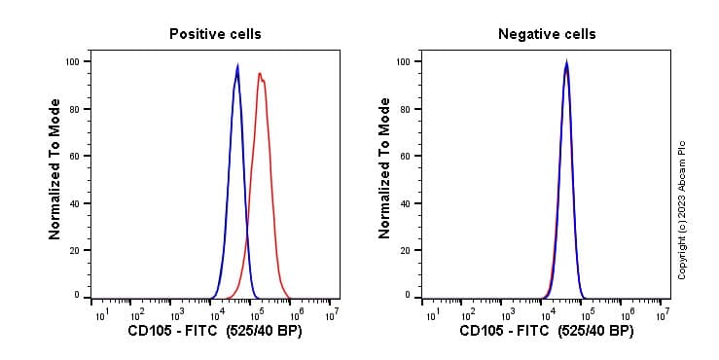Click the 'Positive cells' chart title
[215, 34]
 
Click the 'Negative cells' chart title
[547, 34]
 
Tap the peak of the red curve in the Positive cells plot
[260, 74]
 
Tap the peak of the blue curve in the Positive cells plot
[237, 67]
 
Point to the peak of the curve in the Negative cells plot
[566, 64]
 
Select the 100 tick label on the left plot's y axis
[72, 61]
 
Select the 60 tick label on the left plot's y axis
[75, 156]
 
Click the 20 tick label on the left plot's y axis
[75, 250]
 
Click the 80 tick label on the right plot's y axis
[404, 109]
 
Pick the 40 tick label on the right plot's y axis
[404, 203]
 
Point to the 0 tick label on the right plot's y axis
[407, 295]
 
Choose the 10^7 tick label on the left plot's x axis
[332, 314]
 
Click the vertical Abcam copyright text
[682, 210]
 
